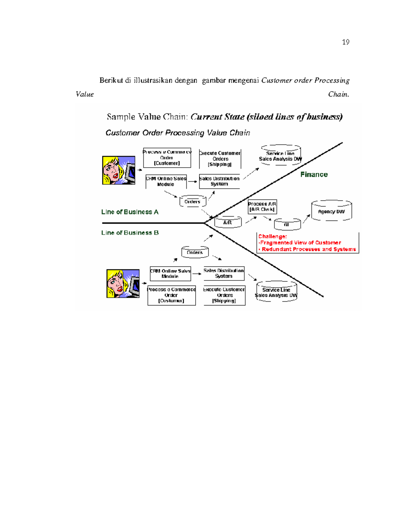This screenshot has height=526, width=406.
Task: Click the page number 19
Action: pyautogui.click(x=345, y=42)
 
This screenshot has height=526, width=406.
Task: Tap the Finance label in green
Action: pyautogui.click(x=314, y=174)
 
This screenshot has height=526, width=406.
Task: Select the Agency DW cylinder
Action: pyautogui.click(x=331, y=211)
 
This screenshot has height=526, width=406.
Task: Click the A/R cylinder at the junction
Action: pyautogui.click(x=228, y=222)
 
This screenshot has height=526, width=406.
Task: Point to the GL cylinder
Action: pyautogui.click(x=287, y=225)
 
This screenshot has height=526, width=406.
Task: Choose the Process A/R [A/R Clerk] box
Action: pyautogui.click(x=262, y=207)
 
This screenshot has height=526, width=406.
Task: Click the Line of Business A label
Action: pyautogui.click(x=130, y=212)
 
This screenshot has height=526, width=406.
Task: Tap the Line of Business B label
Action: pyautogui.click(x=130, y=233)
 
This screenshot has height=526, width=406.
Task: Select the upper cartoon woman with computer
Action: pyautogui.click(x=118, y=170)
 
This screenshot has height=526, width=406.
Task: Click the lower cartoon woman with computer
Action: pyautogui.click(x=123, y=283)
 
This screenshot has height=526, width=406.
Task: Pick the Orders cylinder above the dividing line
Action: pyautogui.click(x=193, y=202)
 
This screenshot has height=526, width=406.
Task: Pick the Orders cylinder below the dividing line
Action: pyautogui.click(x=195, y=252)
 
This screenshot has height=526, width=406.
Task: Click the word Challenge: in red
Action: pyautogui.click(x=272, y=236)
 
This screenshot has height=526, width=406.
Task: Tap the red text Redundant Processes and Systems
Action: pyautogui.click(x=309, y=249)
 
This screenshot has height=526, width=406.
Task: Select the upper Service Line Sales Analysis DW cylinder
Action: pyautogui.click(x=280, y=156)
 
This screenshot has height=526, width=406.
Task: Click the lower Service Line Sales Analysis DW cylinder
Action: pyautogui.click(x=276, y=292)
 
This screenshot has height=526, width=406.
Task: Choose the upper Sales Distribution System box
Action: pyautogui.click(x=219, y=181)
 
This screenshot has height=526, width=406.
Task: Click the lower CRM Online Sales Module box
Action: pyautogui.click(x=170, y=273)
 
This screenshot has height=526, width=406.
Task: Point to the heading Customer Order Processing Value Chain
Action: pyautogui.click(x=178, y=133)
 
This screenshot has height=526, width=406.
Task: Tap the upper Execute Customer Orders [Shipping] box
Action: pyautogui.click(x=220, y=159)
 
